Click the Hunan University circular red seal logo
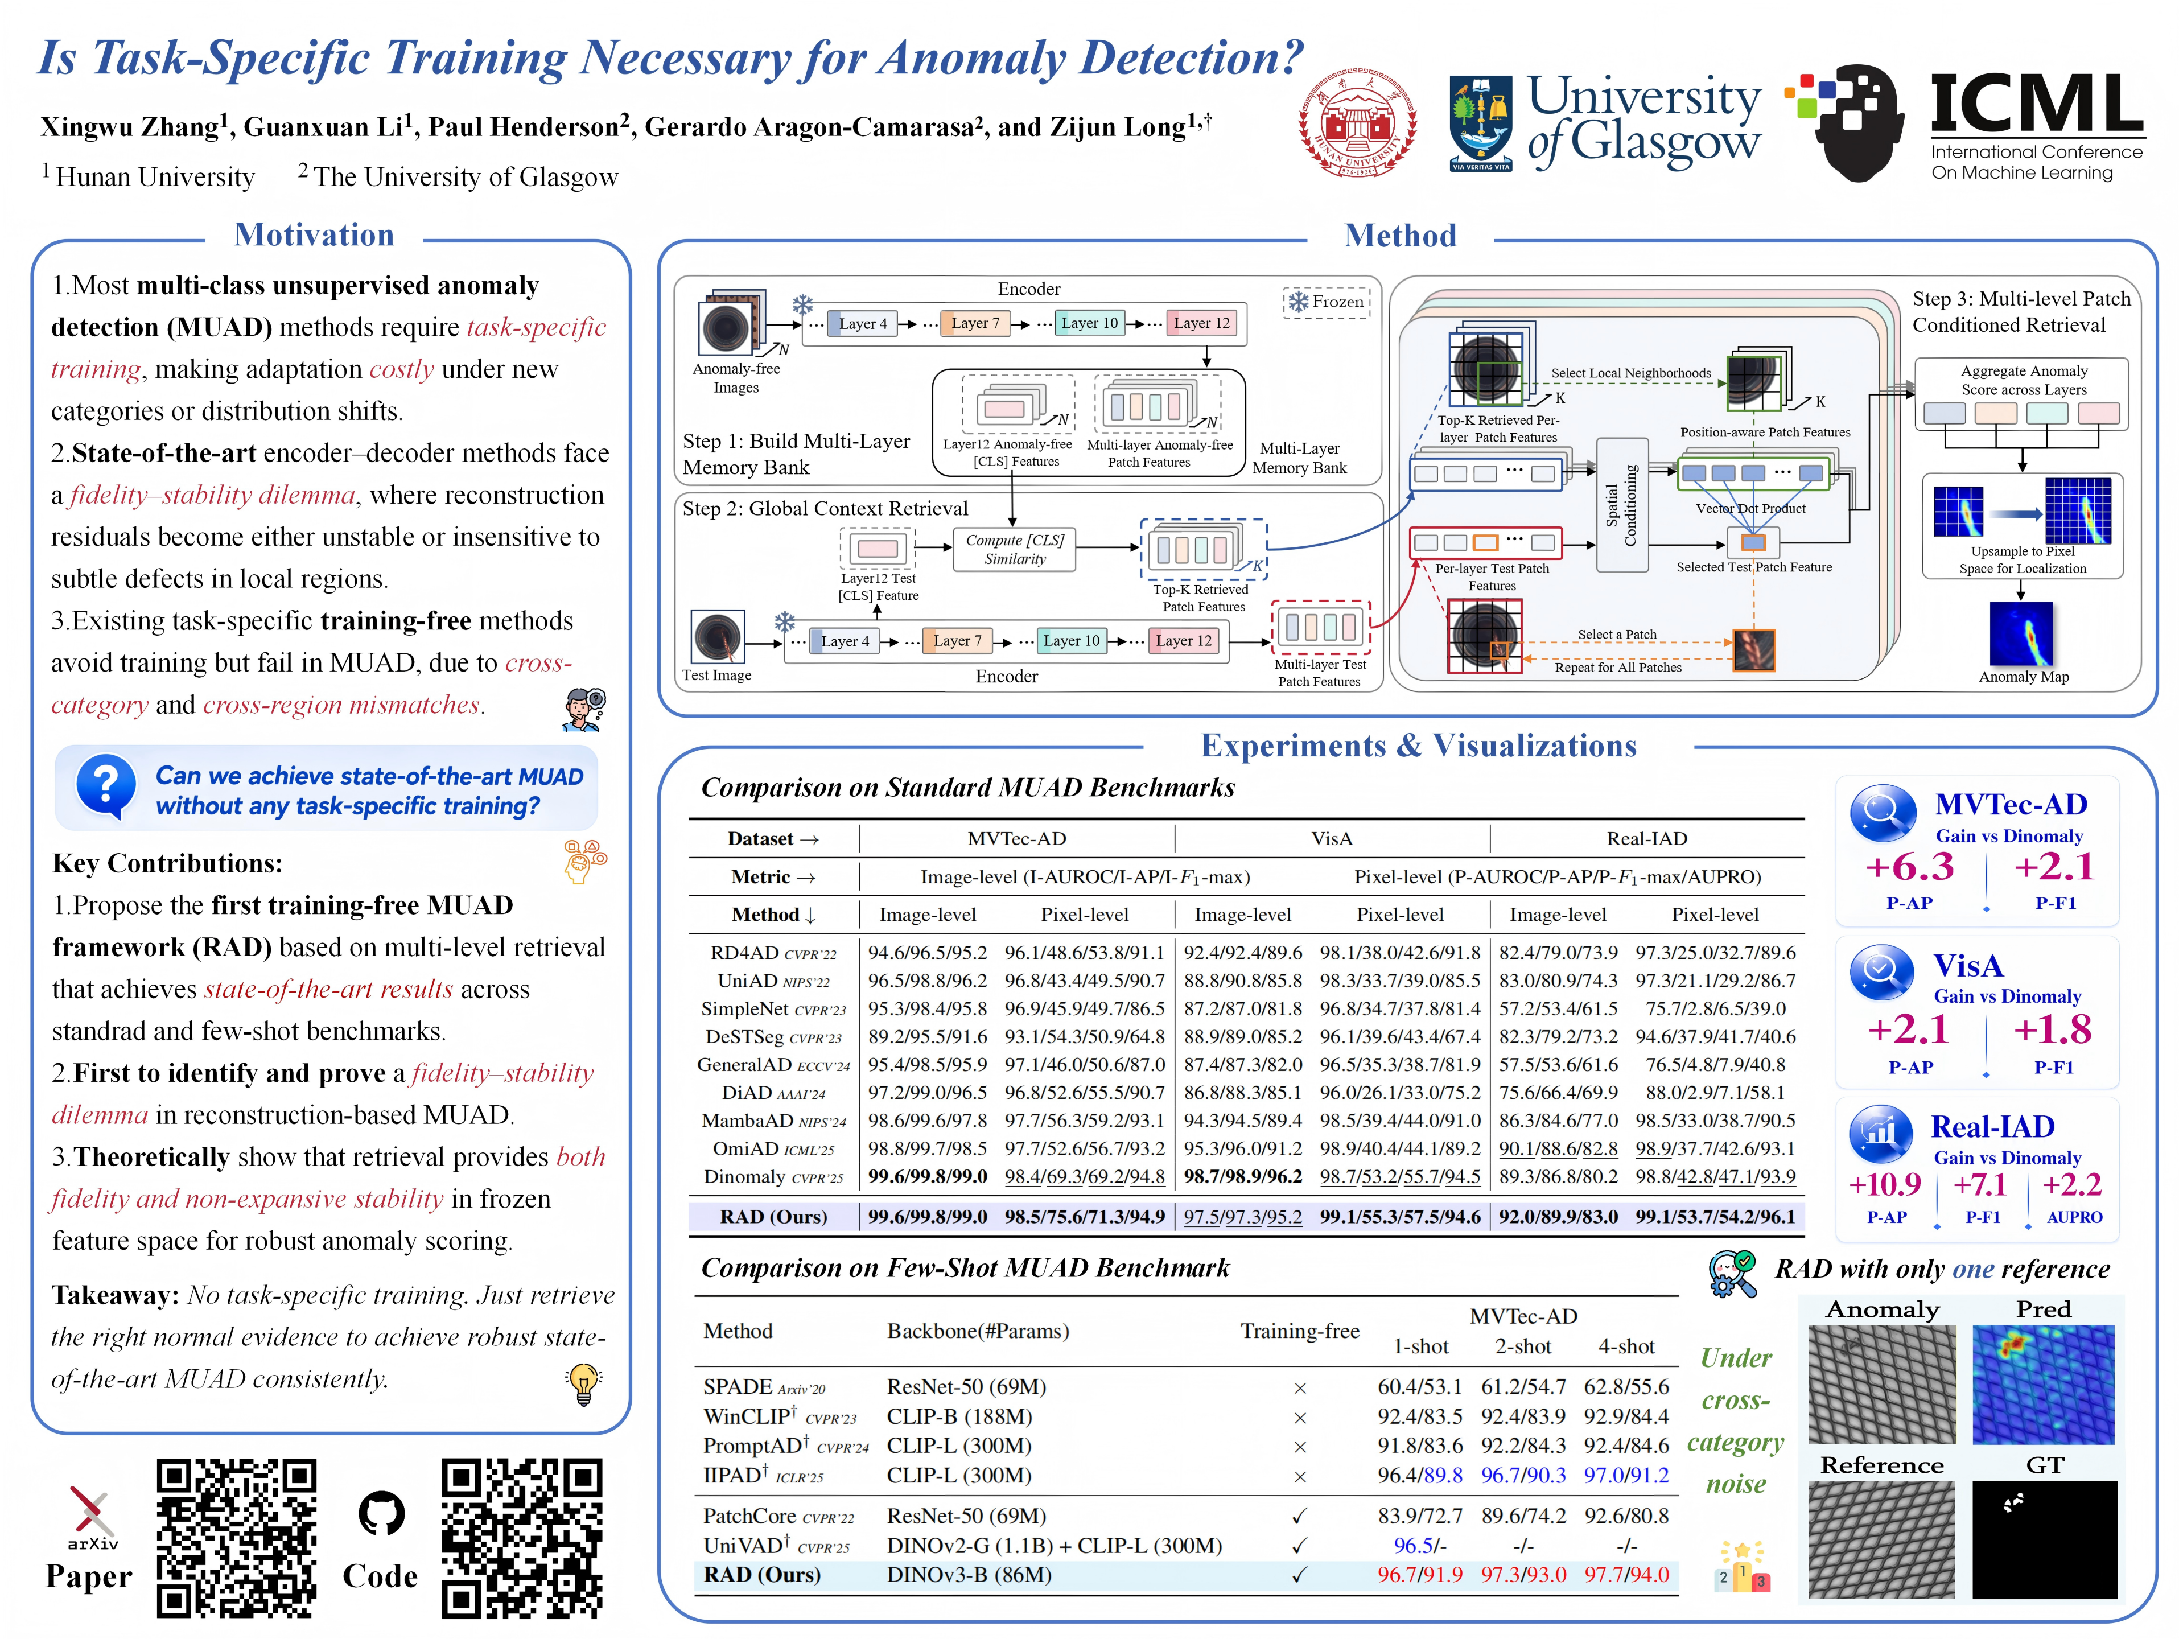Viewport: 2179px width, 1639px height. (x=1357, y=123)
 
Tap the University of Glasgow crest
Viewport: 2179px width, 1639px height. (x=1481, y=123)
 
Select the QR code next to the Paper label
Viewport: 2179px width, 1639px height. (x=236, y=1538)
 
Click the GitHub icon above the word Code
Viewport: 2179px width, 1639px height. (x=381, y=1513)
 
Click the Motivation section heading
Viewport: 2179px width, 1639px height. (x=314, y=234)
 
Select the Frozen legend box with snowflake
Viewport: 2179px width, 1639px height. (x=1327, y=302)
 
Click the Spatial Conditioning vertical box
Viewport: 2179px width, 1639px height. (x=1621, y=505)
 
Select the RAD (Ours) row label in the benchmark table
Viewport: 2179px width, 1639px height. (x=773, y=1217)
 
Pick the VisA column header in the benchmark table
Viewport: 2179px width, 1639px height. (x=1332, y=838)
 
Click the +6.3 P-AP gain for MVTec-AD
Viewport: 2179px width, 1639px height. (x=1909, y=867)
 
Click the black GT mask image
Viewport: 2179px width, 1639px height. (x=2044, y=1539)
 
